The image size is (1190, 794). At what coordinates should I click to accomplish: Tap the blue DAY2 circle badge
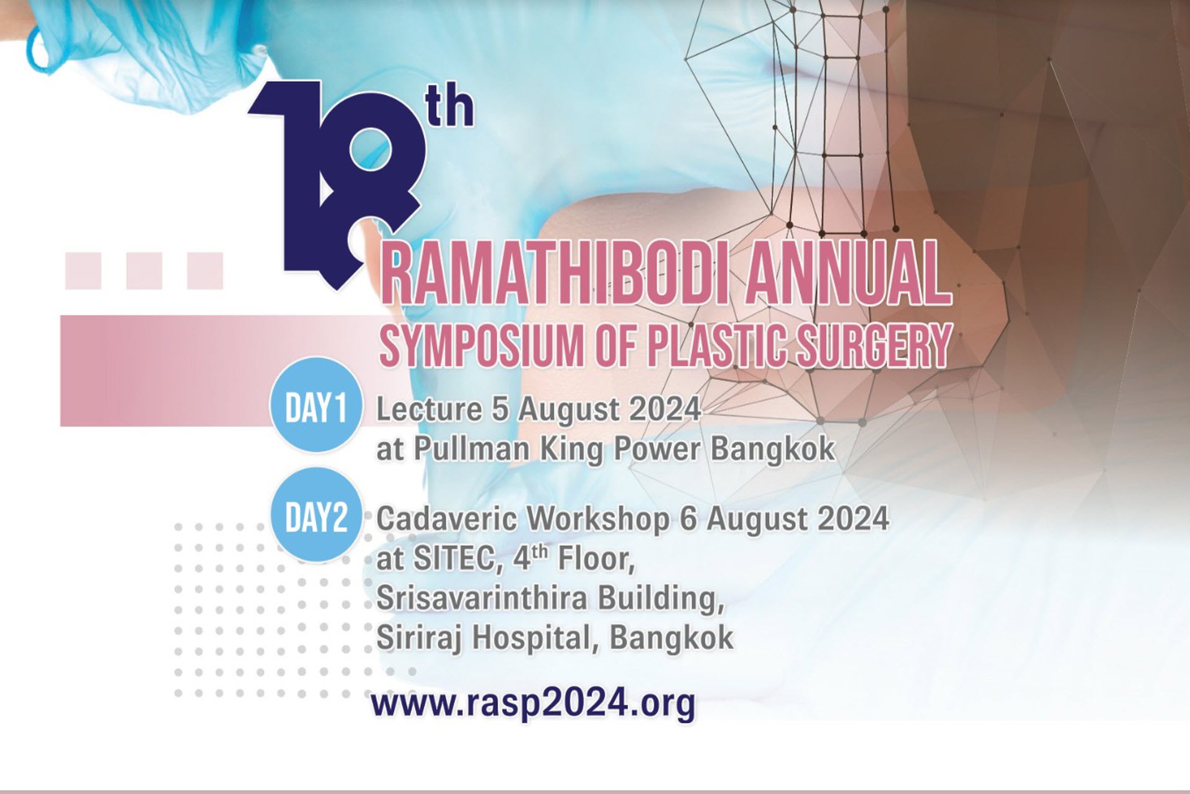click(x=315, y=515)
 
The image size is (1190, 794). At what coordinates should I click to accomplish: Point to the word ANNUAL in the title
click(x=848, y=275)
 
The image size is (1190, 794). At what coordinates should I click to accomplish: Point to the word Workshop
click(x=596, y=519)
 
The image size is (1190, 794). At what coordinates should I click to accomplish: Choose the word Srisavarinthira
click(x=481, y=599)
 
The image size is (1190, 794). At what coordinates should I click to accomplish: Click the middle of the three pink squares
click(x=144, y=270)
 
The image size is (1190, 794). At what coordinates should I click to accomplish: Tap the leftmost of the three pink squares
click(x=83, y=270)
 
